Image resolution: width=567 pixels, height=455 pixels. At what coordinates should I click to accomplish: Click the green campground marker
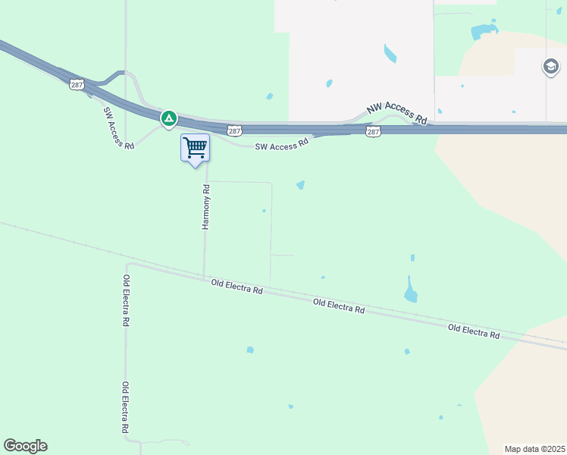[x=168, y=118]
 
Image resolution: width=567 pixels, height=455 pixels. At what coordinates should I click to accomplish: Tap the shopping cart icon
[x=195, y=147]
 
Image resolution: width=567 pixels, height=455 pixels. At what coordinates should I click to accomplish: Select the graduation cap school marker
[x=551, y=67]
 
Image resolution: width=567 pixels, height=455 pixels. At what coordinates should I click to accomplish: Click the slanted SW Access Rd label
[x=117, y=127]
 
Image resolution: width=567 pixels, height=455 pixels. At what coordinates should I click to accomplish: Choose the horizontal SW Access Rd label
[x=282, y=144]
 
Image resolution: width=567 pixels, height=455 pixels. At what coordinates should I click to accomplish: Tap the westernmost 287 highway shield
[x=76, y=84]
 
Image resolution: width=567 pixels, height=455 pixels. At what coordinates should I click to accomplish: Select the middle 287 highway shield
[x=233, y=131]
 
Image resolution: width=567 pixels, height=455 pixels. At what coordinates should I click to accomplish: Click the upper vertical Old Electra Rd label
[x=126, y=300]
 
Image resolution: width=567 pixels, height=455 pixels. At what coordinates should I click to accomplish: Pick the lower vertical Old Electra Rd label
[x=126, y=407]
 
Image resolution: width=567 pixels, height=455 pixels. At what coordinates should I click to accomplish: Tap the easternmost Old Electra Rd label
[x=474, y=331]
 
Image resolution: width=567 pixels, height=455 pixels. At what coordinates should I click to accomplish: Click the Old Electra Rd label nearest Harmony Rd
[x=237, y=287]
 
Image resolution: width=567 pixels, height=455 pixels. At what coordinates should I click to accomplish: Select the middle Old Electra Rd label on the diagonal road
[x=339, y=306]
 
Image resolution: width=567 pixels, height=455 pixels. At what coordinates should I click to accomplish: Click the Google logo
[x=25, y=446]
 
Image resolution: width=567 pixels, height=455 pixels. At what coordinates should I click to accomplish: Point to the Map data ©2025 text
[x=535, y=449]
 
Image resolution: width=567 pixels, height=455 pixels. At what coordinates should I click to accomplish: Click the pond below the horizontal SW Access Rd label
[x=301, y=185]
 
